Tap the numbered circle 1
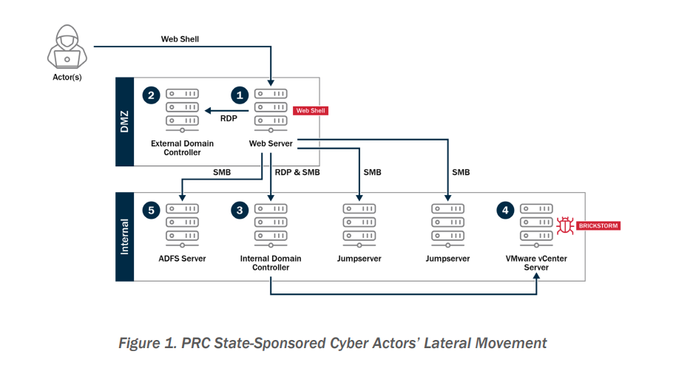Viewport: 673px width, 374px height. pyautogui.click(x=239, y=95)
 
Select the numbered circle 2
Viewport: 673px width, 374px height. pyautogui.click(x=151, y=95)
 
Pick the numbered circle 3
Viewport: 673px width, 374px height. pyautogui.click(x=239, y=211)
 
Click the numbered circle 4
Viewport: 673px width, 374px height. pyautogui.click(x=504, y=211)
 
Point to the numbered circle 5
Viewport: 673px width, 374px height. pyautogui.click(x=151, y=211)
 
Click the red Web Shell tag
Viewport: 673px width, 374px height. pyautogui.click(x=311, y=111)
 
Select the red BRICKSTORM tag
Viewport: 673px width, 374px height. pyautogui.click(x=598, y=225)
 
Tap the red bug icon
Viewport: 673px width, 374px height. pyautogui.click(x=566, y=225)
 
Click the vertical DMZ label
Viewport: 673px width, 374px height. pyautogui.click(x=124, y=122)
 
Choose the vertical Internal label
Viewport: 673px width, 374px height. pyautogui.click(x=124, y=237)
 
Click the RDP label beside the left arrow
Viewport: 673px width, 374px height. pyautogui.click(x=229, y=117)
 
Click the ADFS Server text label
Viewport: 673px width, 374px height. pyautogui.click(x=182, y=259)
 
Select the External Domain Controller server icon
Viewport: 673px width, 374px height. pyautogui.click(x=182, y=109)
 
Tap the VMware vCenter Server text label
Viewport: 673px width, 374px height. pyautogui.click(x=536, y=263)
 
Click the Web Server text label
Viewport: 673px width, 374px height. pyautogui.click(x=271, y=143)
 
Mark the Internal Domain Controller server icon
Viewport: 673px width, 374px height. pyautogui.click(x=271, y=224)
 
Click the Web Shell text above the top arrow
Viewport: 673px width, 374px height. pyautogui.click(x=180, y=38)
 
